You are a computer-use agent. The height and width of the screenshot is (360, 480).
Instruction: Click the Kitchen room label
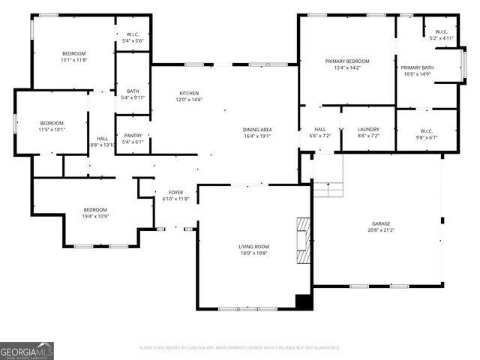point(189,93)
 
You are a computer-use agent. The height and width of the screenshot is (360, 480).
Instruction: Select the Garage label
point(382,223)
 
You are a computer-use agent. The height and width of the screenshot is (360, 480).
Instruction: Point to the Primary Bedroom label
point(347,61)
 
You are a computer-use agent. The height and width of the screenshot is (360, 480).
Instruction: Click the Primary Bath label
point(417,67)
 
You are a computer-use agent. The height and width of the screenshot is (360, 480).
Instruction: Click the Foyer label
point(175,193)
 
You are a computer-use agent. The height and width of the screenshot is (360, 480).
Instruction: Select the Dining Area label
point(256,130)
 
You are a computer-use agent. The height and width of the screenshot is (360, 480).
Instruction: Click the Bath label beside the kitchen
point(133,91)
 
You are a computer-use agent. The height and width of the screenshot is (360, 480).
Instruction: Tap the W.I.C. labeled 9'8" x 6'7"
point(427,130)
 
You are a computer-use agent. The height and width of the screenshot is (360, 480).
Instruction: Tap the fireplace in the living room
point(302,241)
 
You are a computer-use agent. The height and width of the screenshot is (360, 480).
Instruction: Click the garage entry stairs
point(328,188)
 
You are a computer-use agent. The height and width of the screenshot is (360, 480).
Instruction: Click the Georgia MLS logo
point(27,351)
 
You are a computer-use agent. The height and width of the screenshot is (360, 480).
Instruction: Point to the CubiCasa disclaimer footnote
point(240,348)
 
